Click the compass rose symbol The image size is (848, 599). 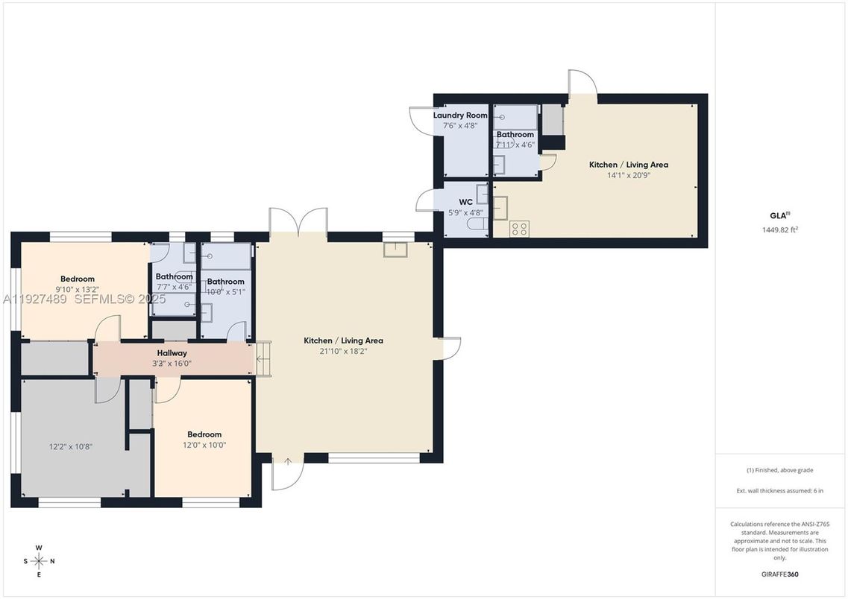click(x=40, y=561)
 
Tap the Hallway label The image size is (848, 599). click(x=172, y=353)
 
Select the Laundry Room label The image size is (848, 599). click(x=460, y=115)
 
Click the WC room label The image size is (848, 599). click(x=465, y=202)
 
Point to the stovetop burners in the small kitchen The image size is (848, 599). click(x=519, y=229)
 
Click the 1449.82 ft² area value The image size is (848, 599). click(x=780, y=230)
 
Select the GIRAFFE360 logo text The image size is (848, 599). click(x=780, y=574)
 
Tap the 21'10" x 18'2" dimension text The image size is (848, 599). click(x=343, y=351)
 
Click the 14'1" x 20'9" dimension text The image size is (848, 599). click(x=628, y=175)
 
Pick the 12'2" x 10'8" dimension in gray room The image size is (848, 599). click(x=71, y=446)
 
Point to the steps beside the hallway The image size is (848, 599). click(x=263, y=359)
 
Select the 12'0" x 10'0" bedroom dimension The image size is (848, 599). click(x=204, y=445)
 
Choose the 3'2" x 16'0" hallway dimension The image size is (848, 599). click(x=172, y=364)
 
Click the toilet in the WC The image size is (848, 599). click(x=476, y=223)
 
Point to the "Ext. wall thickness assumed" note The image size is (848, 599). click(x=780, y=490)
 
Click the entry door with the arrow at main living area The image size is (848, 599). click(x=287, y=472)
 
